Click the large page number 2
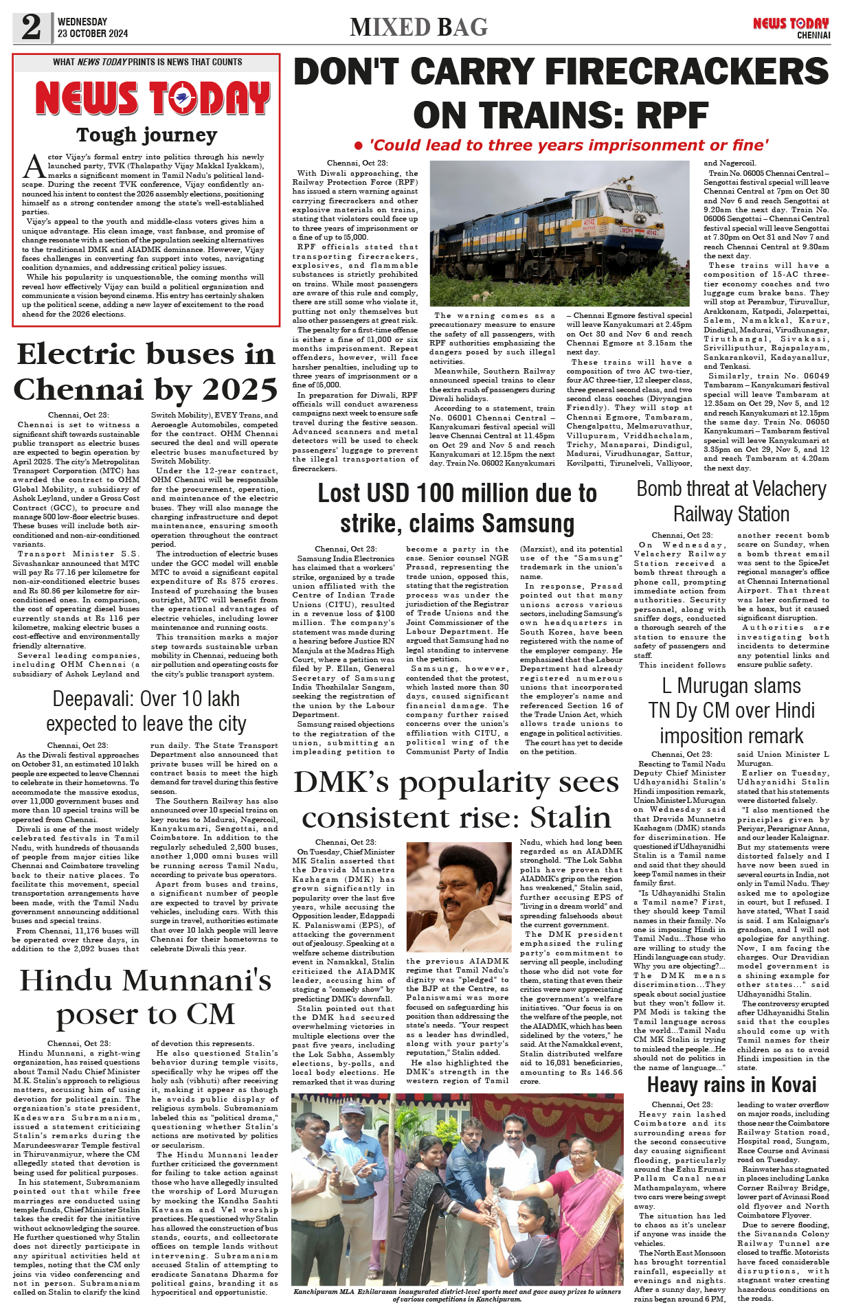[32, 27]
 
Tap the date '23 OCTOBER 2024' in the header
[93, 34]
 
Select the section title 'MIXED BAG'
[418, 27]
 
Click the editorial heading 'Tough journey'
[146, 135]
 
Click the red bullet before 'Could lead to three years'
[358, 146]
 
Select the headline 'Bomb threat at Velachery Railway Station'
[731, 501]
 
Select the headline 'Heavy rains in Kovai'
[732, 1085]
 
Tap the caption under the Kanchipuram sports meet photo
[458, 1295]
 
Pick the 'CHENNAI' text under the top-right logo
[813, 35]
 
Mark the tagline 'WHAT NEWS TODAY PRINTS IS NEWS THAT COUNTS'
[147, 62]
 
